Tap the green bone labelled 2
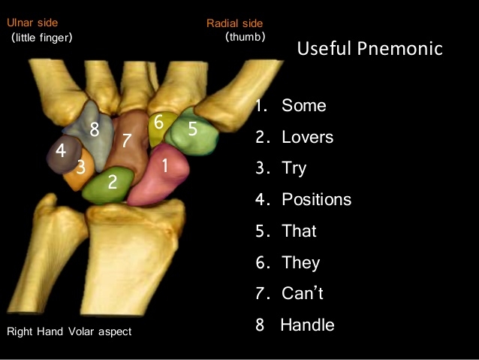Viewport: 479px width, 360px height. tap(108, 186)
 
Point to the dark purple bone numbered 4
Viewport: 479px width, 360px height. tap(64, 155)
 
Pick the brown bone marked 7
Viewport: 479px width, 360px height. tap(128, 142)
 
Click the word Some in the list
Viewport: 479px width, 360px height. tap(304, 105)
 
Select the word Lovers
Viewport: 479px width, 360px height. tap(307, 137)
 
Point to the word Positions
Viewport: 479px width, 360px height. tap(317, 200)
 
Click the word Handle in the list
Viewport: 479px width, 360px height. tap(307, 325)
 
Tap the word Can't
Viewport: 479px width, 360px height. tap(303, 293)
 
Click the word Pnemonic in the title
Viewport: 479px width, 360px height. tap(400, 48)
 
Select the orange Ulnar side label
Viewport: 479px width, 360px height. tap(32, 23)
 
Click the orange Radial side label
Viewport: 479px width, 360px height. tap(234, 23)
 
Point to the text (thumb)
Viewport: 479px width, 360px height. tap(246, 37)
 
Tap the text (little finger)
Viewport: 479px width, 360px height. tap(42, 38)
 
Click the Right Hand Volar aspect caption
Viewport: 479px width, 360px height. tap(69, 331)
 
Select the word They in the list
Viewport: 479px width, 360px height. tap(301, 263)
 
